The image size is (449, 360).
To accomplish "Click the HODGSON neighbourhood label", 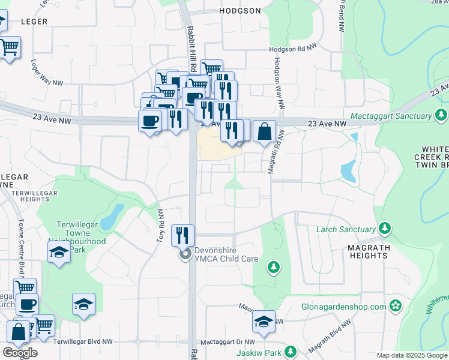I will tap(240, 11).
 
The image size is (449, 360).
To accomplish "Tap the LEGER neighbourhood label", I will tap(34, 21).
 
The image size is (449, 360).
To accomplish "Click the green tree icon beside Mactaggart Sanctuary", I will tap(442, 115).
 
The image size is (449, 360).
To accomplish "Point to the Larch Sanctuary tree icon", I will tap(385, 229).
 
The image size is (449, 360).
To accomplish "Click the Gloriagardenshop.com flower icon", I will tap(395, 306).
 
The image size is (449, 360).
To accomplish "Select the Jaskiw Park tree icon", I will tap(291, 351).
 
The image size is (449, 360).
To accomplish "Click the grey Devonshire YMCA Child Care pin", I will tap(185, 254).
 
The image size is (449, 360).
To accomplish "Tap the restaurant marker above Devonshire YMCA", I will tap(183, 235).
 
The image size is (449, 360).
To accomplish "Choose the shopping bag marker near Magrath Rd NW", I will tap(264, 131).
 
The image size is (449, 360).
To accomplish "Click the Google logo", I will tap(20, 353).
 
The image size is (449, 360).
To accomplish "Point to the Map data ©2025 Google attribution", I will tap(412, 355).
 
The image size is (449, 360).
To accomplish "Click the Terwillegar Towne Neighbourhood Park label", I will tap(81, 237).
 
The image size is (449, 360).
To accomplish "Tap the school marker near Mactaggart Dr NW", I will tap(264, 322).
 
